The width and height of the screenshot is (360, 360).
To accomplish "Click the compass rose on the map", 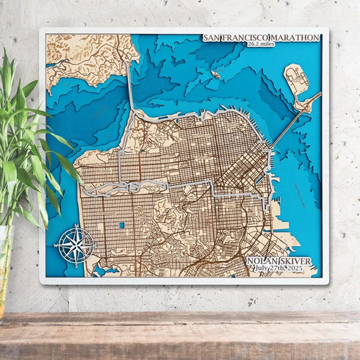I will (x=75, y=245).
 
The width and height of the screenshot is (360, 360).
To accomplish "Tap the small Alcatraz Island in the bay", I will (x=215, y=74).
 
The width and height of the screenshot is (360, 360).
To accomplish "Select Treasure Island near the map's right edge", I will (x=296, y=79).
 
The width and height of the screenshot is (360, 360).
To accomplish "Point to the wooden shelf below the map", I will (x=180, y=334).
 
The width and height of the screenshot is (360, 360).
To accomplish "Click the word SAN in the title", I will (x=212, y=37).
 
